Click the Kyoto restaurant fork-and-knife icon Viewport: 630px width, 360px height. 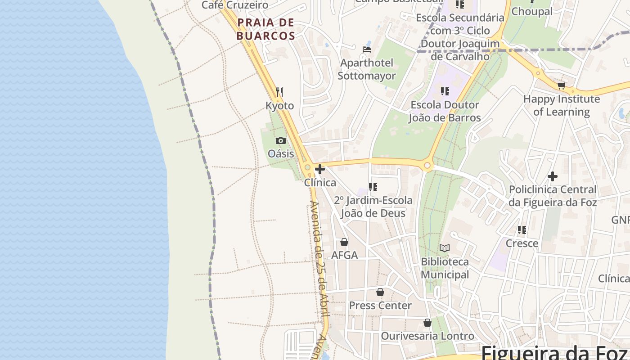pyautogui.click(x=279, y=92)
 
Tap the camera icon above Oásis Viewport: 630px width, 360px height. pyautogui.click(x=281, y=140)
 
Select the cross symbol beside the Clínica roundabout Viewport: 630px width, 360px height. pyautogui.click(x=320, y=169)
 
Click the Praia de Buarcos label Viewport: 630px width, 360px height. pyautogui.click(x=265, y=29)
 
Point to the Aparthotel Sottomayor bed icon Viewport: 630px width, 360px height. pyautogui.click(x=367, y=49)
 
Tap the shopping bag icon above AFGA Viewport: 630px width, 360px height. pyautogui.click(x=344, y=242)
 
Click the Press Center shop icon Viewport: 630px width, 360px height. pyautogui.click(x=380, y=292)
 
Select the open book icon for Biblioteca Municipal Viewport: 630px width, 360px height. pyautogui.click(x=445, y=248)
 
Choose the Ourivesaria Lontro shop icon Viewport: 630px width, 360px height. pyautogui.click(x=427, y=323)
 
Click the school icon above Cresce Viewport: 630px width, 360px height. pyautogui.click(x=522, y=230)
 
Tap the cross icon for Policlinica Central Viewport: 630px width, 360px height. pyautogui.click(x=553, y=176)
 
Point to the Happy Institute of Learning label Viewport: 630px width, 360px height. pyautogui.click(x=561, y=105)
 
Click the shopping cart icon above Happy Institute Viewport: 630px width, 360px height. pyautogui.click(x=561, y=85)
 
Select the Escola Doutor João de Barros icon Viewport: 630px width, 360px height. pyautogui.click(x=445, y=91)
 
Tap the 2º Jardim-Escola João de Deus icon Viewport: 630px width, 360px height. pyautogui.click(x=373, y=187)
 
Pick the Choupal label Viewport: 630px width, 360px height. pyautogui.click(x=532, y=11)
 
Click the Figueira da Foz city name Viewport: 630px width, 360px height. pyautogui.click(x=556, y=352)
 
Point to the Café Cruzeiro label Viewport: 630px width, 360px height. pyautogui.click(x=235, y=5)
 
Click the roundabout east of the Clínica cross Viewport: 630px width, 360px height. pyautogui.click(x=427, y=166)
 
